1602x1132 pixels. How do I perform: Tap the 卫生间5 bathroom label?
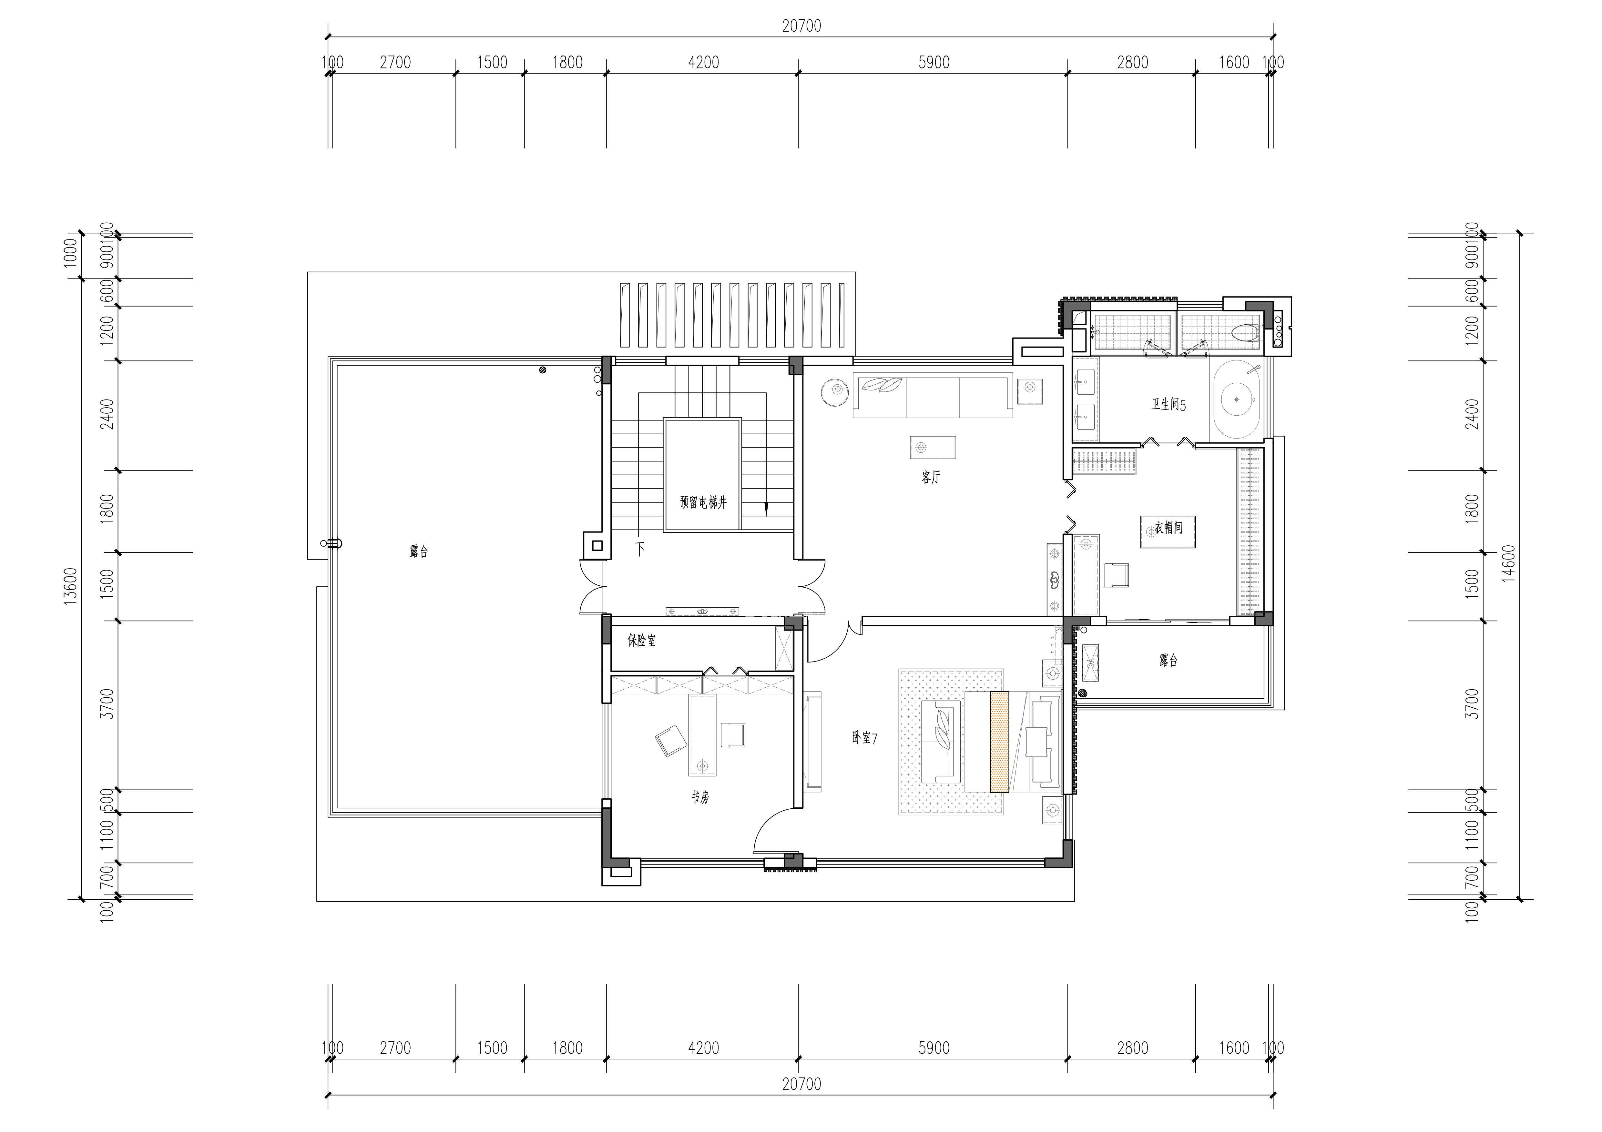(1169, 405)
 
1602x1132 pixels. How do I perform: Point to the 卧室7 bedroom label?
(864, 737)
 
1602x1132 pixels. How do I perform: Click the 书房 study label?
(700, 797)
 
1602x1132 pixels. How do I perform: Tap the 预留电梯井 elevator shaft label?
(703, 502)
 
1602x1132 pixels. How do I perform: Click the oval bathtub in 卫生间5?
(1236, 399)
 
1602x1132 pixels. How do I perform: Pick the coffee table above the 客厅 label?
(933, 447)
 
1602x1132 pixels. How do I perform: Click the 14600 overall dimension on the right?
(1509, 563)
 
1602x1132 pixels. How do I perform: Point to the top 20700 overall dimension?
(802, 26)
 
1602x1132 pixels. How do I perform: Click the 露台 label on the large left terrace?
(419, 552)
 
